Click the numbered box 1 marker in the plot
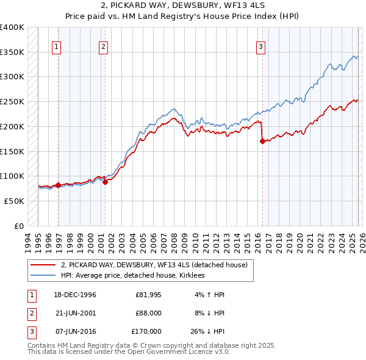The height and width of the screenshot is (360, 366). point(56,46)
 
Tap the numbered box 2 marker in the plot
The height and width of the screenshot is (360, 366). point(103,46)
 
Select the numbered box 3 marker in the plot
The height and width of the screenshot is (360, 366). point(260,46)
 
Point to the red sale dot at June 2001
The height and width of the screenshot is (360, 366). point(106,181)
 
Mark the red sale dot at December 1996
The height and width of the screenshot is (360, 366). point(59,184)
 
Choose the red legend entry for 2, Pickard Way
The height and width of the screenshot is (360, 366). point(154,265)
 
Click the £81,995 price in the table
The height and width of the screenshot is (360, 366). point(148,295)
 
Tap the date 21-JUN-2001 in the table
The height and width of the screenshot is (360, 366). point(75,313)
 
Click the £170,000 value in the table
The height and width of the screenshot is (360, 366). point(146,331)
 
